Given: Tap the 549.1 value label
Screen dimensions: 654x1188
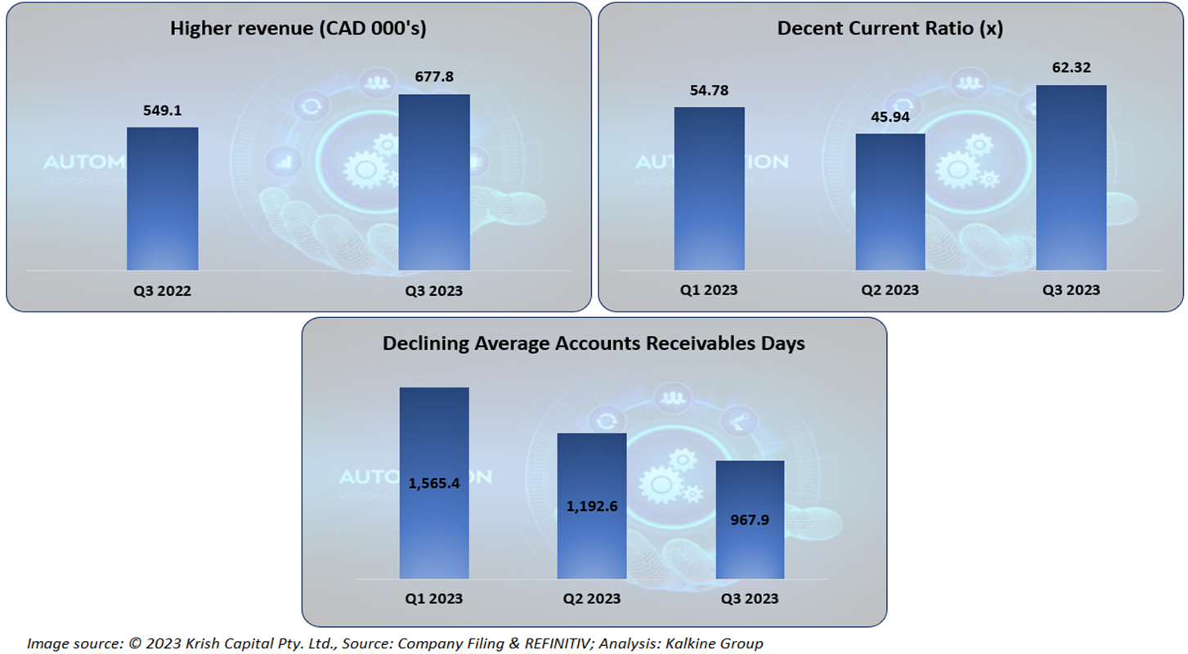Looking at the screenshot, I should tap(162, 110).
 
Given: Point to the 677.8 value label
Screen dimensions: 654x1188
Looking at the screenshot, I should tap(434, 77).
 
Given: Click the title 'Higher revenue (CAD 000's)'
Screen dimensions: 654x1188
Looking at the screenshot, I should tap(298, 29).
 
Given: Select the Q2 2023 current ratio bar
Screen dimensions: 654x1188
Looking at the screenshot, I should tap(890, 202).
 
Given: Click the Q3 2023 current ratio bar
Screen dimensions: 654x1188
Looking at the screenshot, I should tap(1071, 177).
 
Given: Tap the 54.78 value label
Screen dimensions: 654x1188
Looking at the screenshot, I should tap(709, 89).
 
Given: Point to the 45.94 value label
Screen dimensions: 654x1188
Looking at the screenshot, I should tap(890, 117).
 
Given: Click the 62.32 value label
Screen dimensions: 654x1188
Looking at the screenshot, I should tap(1071, 67).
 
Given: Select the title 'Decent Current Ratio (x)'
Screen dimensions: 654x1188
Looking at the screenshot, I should tap(890, 29).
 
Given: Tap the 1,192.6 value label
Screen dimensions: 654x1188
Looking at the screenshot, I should tap(592, 506).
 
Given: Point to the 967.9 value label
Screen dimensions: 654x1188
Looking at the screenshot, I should tap(750, 521).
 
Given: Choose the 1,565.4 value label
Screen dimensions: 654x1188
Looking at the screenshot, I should tap(434, 483).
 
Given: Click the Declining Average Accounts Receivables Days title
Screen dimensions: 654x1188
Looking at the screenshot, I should tap(594, 343).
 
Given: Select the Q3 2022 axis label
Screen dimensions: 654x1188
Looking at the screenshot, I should tap(162, 290).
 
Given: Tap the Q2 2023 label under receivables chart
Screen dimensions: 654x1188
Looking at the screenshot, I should tap(592, 598).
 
